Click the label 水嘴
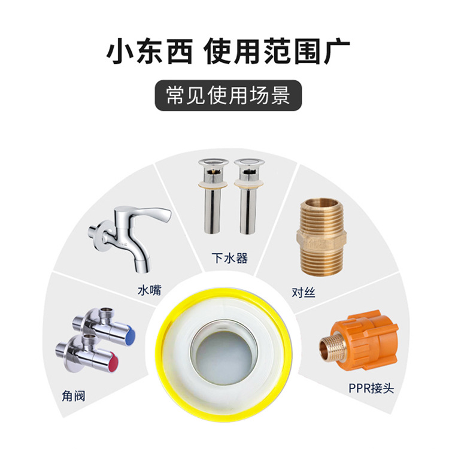pyautogui.click(x=150, y=290)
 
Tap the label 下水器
pyautogui.click(x=230, y=258)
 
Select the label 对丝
pyautogui.click(x=304, y=292)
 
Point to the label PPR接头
pyautogui.click(x=371, y=389)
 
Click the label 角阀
pyautogui.click(x=74, y=396)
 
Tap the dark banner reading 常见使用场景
pyautogui.click(x=228, y=95)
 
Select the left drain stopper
pyautogui.click(x=213, y=196)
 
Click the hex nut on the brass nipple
pyautogui.click(x=322, y=240)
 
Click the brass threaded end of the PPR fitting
pyautogui.click(x=329, y=347)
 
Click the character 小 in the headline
pyautogui.click(x=119, y=52)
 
